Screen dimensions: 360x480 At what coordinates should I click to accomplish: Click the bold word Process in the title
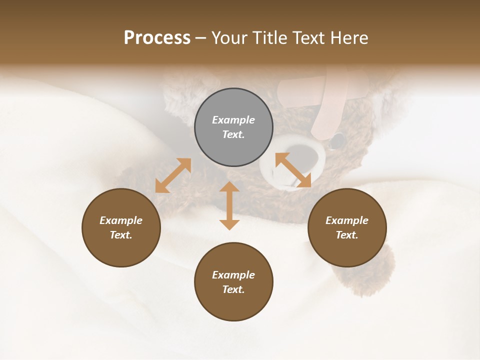click(157, 38)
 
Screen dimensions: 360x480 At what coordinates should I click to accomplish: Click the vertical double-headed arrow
click(229, 205)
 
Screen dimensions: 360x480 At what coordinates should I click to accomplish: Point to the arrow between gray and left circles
click(173, 175)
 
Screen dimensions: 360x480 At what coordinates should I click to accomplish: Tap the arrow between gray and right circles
click(293, 170)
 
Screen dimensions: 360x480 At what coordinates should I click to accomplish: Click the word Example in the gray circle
click(233, 120)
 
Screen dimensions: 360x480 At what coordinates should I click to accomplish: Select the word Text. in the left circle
click(121, 235)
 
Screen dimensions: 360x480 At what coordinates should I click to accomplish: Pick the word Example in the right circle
click(347, 220)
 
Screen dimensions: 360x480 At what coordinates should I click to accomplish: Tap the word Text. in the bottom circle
click(233, 289)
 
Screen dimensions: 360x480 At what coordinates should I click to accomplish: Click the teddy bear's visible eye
click(338, 139)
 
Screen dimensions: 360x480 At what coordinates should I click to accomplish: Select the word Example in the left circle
click(121, 220)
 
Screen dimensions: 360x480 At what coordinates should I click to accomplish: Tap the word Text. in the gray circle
click(233, 134)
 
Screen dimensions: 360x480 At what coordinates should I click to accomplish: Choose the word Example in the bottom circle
click(233, 275)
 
